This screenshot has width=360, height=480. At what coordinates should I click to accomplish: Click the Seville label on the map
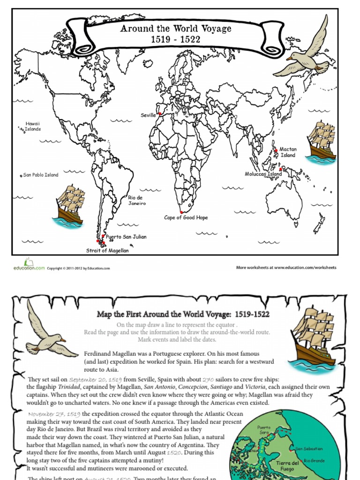click(148, 115)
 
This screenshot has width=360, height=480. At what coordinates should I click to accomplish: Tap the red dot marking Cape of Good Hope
click(181, 212)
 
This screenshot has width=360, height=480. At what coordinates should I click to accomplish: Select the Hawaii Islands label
click(33, 127)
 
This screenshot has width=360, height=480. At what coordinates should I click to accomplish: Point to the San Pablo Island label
click(41, 175)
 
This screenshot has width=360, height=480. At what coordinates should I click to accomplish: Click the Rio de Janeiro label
click(137, 201)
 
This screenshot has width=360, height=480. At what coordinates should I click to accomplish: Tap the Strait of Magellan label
click(107, 250)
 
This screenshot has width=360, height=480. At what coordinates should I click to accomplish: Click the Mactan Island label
click(288, 152)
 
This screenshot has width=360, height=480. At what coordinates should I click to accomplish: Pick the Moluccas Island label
click(263, 174)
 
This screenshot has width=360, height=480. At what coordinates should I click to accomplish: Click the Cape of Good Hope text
click(186, 217)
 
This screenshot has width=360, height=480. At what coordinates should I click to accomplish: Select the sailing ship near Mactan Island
click(321, 141)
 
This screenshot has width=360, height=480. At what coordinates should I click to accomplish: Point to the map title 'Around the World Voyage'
click(176, 29)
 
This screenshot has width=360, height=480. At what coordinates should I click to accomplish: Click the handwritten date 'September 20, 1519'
click(96, 379)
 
